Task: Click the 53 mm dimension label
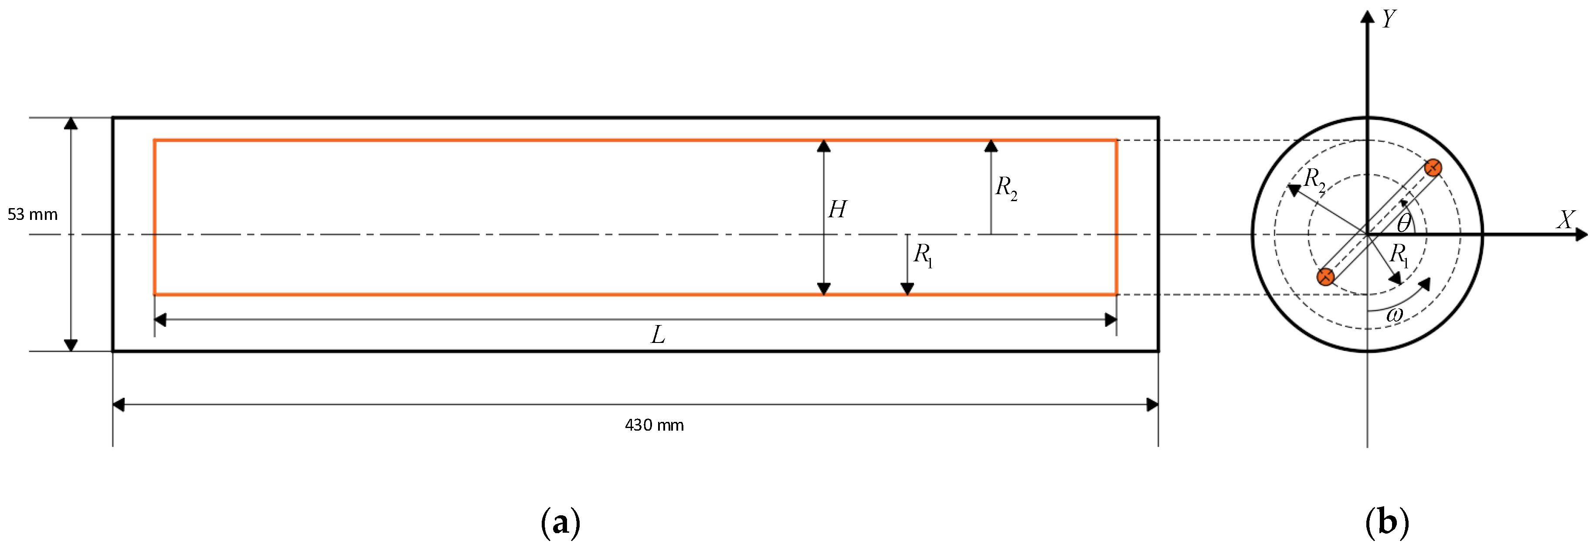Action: tap(32, 215)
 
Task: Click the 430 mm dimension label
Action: tap(654, 425)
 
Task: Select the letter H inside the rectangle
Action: tap(837, 209)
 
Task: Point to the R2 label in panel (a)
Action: tap(1005, 187)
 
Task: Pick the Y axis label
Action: tap(1389, 19)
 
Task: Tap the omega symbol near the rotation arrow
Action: tap(1394, 315)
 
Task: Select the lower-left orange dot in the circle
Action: tap(1325, 277)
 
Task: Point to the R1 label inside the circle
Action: tap(1399, 255)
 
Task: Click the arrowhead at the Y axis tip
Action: tap(1367, 16)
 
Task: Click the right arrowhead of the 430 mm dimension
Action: tap(1152, 405)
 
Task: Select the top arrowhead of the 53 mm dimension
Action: tap(71, 123)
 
